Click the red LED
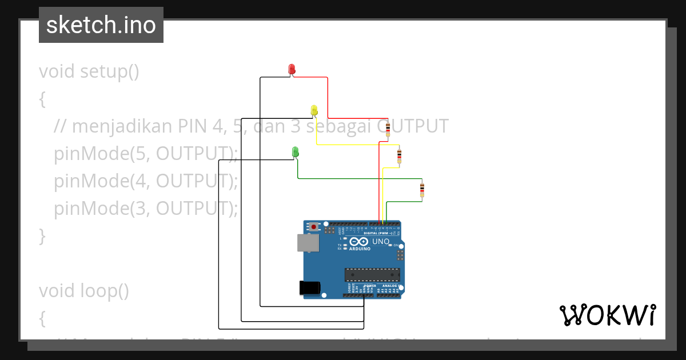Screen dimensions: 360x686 pyautogui.click(x=292, y=69)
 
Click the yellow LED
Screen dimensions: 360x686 pyautogui.click(x=314, y=109)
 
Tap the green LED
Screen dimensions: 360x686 pyautogui.click(x=296, y=151)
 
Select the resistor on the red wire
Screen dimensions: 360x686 pyautogui.click(x=388, y=129)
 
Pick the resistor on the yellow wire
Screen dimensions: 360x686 pyautogui.click(x=399, y=154)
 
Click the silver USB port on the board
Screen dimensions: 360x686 pyautogui.click(x=308, y=243)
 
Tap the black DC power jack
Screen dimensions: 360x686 pyautogui.click(x=310, y=288)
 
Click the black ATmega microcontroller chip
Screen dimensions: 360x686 pyautogui.click(x=371, y=274)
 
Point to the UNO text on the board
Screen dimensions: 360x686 pyautogui.click(x=380, y=242)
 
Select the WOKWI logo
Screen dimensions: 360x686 pyautogui.click(x=607, y=315)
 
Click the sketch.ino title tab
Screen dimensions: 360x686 pyautogui.click(x=101, y=25)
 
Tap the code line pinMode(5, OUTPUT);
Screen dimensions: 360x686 pyautogui.click(x=146, y=153)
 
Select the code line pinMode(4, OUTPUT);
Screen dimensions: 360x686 pyautogui.click(x=146, y=181)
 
